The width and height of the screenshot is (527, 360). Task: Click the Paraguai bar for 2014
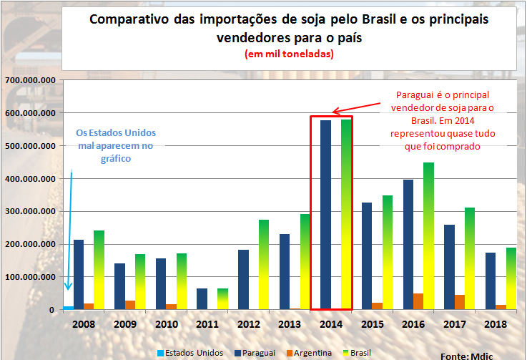326,215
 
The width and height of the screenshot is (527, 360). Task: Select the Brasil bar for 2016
429,236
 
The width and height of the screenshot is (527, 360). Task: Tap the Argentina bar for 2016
418,301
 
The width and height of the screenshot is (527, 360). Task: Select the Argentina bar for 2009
129,305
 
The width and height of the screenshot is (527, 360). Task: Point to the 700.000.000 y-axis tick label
30,81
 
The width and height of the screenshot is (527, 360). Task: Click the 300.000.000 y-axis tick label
30,212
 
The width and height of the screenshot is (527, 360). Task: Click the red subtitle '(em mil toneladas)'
289,54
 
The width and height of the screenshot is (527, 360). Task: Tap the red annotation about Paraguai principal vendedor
439,120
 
